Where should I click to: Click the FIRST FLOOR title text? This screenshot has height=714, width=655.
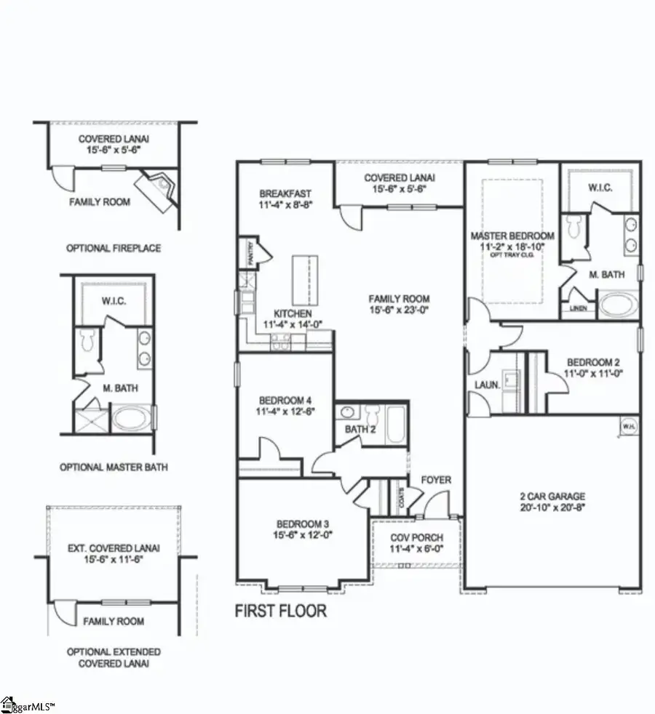280,611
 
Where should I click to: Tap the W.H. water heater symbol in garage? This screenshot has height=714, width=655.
626,427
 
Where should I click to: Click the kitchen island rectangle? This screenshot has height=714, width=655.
303,280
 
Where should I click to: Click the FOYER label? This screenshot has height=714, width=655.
436,481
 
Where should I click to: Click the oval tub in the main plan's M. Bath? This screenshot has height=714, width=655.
616,303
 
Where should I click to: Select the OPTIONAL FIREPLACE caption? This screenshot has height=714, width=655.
114,248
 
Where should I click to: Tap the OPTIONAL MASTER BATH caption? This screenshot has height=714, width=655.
114,468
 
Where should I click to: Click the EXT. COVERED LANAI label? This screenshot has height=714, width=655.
114,547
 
